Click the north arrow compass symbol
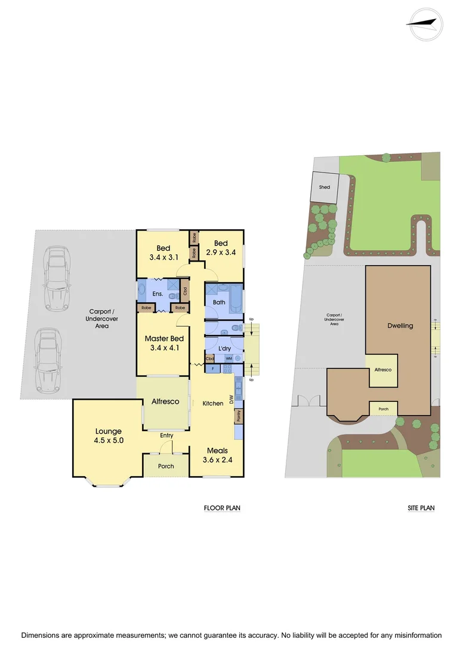point(426,24)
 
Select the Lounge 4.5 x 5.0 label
point(109,435)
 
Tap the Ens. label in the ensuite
point(159,294)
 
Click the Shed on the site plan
point(324,188)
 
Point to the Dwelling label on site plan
point(400,325)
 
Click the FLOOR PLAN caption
point(222,508)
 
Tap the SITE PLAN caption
point(421,508)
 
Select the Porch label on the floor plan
point(166,466)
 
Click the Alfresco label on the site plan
point(383,370)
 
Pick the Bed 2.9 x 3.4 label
point(221,248)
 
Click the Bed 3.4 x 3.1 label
point(164,253)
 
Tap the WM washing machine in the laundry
point(229,358)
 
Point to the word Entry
point(167,435)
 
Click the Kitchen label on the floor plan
point(213,403)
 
